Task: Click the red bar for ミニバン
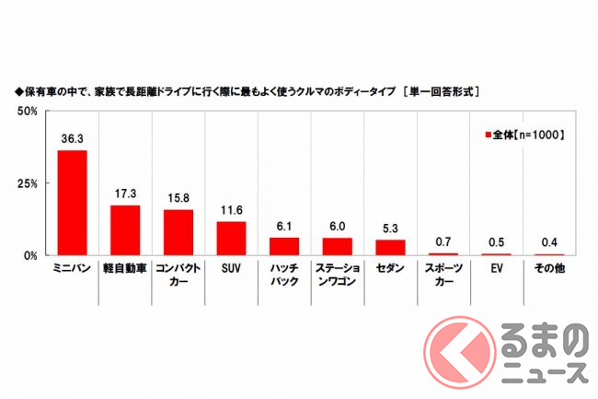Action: pyautogui.click(x=72, y=203)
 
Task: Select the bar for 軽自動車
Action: pyautogui.click(x=125, y=230)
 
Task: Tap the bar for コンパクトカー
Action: pyautogui.click(x=178, y=232)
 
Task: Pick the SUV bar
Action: pyautogui.click(x=232, y=239)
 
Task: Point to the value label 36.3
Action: pyautogui.click(x=72, y=140)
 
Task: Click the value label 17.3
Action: pyautogui.click(x=125, y=195)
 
